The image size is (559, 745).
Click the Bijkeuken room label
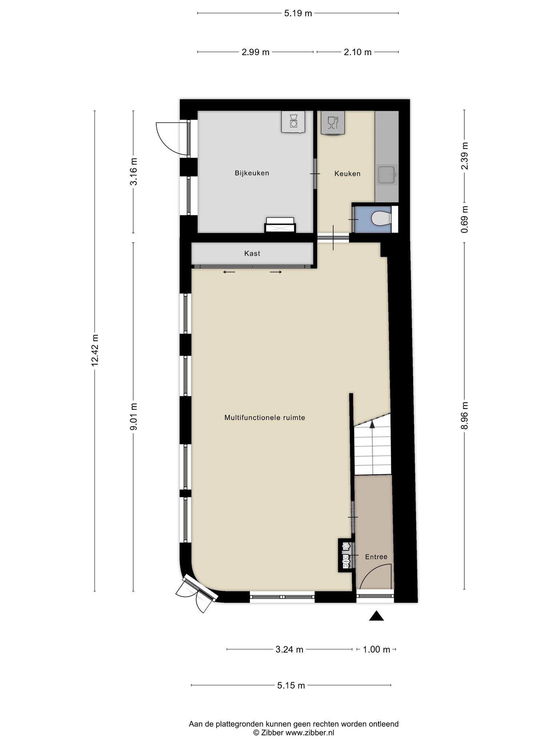point(252,173)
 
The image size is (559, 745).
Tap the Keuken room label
point(348,174)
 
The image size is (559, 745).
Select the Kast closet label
point(252,253)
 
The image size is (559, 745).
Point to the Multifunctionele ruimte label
point(265,418)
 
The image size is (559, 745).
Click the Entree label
point(376,557)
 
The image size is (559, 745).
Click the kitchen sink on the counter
point(386,175)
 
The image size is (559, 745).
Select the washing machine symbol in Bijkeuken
point(293,121)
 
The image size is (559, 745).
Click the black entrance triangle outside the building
point(377,615)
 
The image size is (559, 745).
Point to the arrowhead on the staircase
point(372,423)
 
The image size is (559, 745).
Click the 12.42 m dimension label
point(95,350)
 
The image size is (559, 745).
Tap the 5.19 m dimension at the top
point(298,13)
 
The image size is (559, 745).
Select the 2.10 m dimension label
point(358,52)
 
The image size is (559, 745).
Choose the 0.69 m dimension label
point(464,220)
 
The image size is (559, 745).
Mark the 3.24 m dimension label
point(289,649)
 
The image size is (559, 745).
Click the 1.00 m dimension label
point(376,649)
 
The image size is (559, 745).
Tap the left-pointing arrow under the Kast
point(229,272)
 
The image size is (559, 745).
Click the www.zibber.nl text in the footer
point(310,733)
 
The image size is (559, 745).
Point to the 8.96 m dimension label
point(464,415)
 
